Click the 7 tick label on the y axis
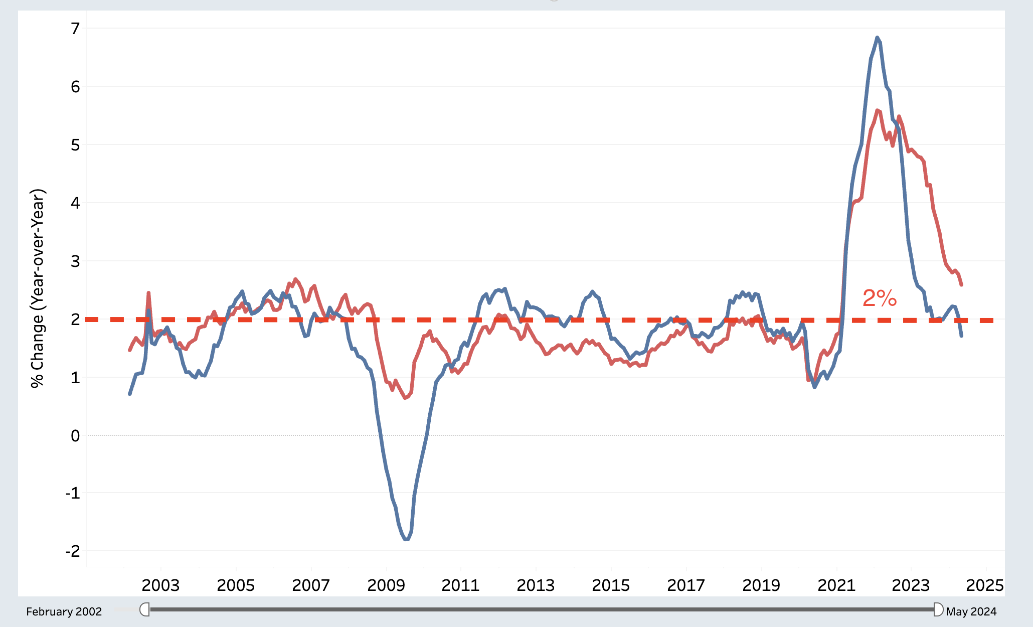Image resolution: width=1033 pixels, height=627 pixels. (x=75, y=29)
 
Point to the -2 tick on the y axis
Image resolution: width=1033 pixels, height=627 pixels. (x=73, y=551)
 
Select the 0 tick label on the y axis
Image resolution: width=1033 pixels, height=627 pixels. (x=75, y=435)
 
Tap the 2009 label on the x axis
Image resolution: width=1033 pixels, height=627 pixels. (x=386, y=585)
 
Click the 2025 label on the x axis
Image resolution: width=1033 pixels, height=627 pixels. (x=985, y=585)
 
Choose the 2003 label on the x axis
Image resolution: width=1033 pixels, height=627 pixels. (x=160, y=585)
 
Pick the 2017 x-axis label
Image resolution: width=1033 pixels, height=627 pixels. (x=685, y=585)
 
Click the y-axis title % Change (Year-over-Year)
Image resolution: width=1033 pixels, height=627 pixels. (x=38, y=288)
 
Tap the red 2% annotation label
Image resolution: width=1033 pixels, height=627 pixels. (x=880, y=298)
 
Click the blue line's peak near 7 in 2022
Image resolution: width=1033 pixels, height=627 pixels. (x=877, y=38)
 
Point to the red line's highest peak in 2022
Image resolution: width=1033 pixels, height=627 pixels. (x=877, y=110)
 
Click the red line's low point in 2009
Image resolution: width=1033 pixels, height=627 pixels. (x=405, y=398)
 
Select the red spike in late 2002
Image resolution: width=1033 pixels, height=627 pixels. (x=148, y=293)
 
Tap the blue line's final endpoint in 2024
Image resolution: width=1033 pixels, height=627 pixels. (x=961, y=336)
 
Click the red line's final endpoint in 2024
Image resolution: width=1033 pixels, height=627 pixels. (x=961, y=285)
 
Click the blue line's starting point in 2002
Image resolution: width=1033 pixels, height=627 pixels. (x=130, y=394)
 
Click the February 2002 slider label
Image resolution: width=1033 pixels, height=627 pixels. (x=64, y=611)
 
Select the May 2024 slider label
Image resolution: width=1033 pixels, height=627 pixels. (x=971, y=611)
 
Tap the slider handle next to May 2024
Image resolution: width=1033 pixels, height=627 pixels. (x=938, y=610)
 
